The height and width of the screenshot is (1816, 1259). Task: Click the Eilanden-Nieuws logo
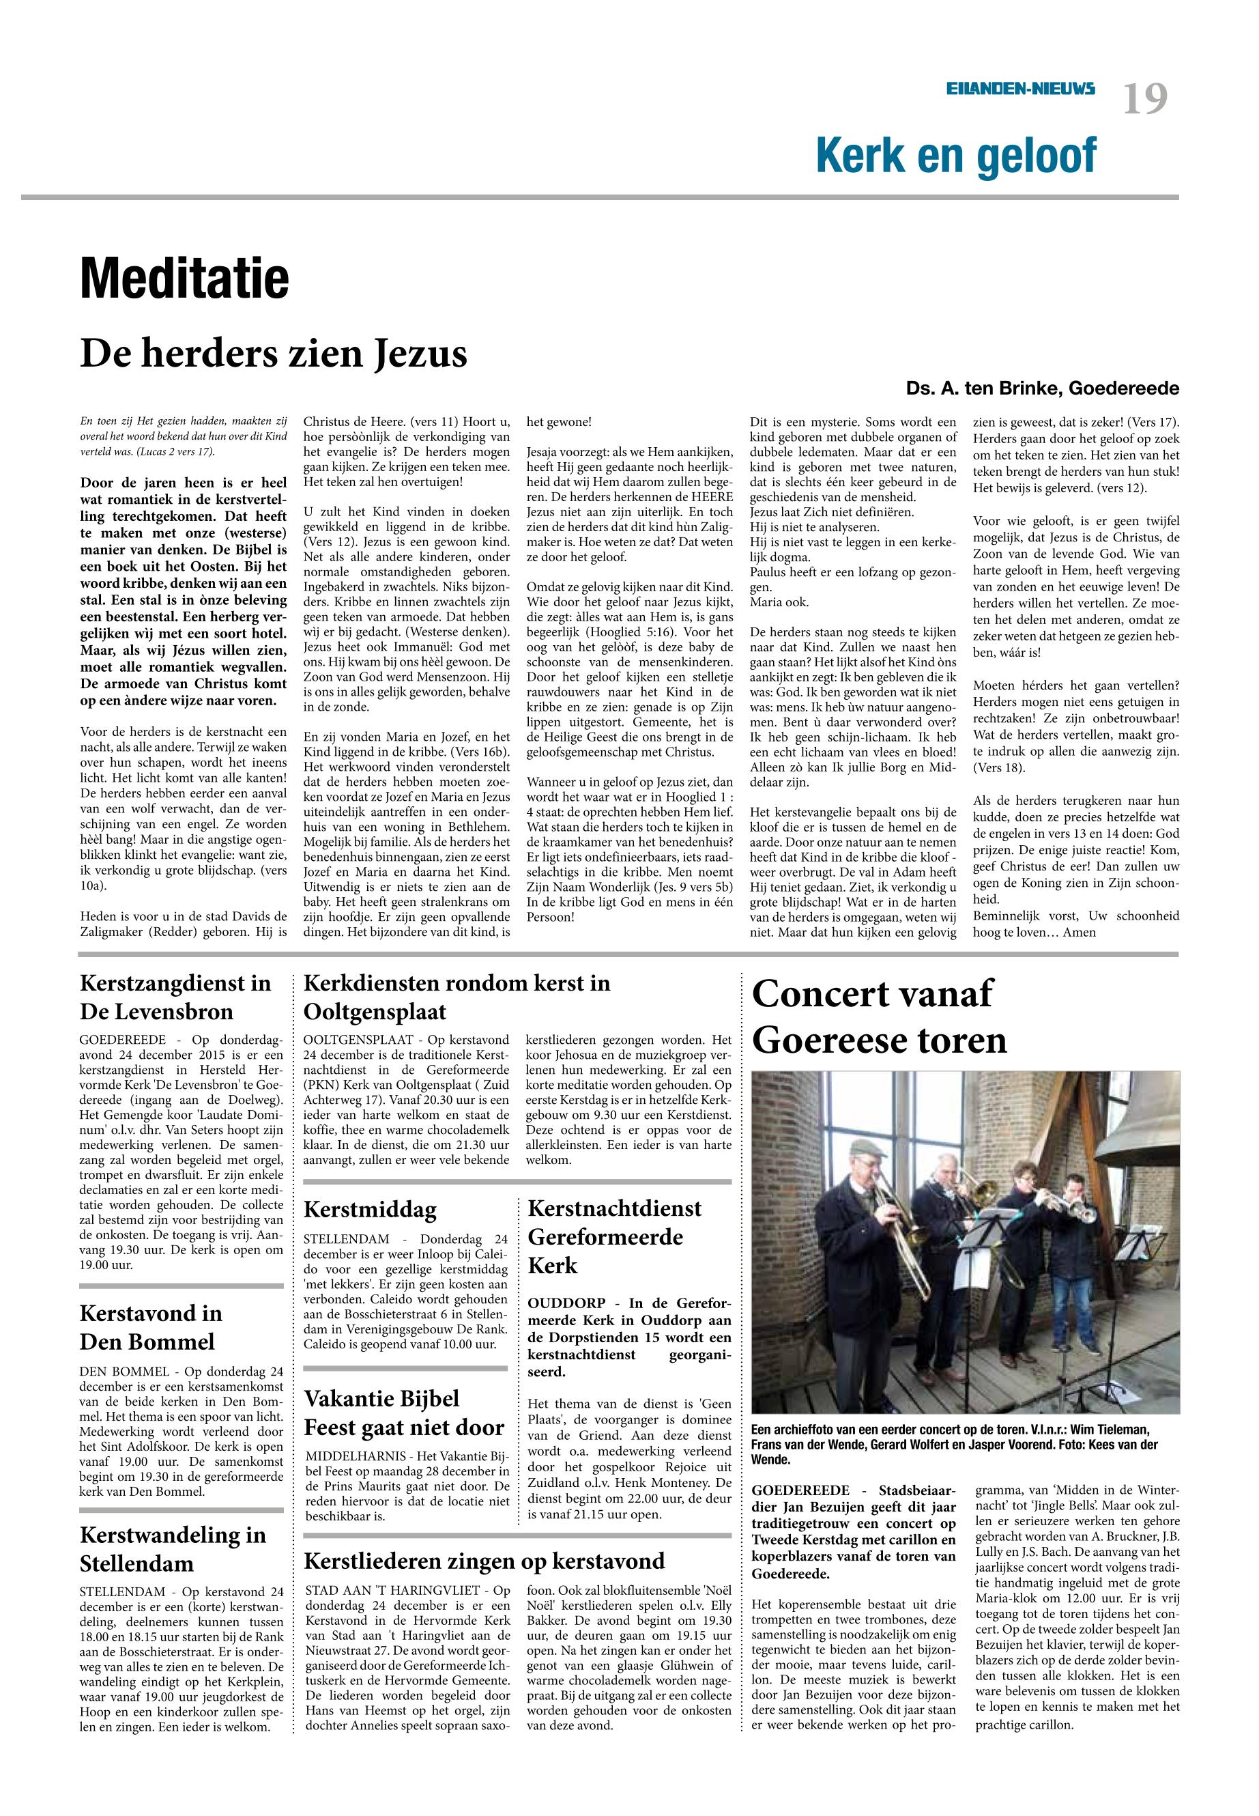pyautogui.click(x=1021, y=90)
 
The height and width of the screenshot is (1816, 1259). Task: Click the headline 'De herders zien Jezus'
pyautogui.click(x=274, y=354)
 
